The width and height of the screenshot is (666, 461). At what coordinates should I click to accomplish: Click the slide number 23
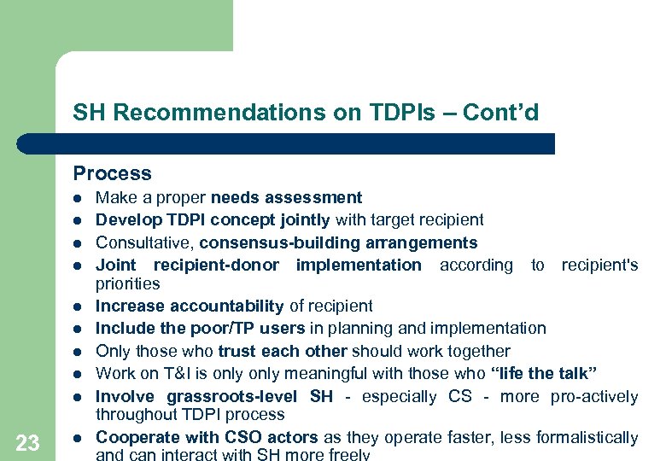[28, 442]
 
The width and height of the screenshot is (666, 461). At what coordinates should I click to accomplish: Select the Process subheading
[112, 173]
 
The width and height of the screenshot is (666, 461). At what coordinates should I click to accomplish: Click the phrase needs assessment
[287, 198]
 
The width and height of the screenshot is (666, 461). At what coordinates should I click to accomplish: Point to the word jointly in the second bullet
[290, 220]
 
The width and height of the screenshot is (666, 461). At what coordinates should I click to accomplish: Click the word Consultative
[143, 242]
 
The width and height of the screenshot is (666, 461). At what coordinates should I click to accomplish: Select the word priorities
[127, 283]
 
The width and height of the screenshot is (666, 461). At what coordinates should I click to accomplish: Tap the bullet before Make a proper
[77, 198]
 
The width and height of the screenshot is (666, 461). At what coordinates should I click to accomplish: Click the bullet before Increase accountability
[77, 306]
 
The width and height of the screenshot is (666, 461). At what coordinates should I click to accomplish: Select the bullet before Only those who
[77, 351]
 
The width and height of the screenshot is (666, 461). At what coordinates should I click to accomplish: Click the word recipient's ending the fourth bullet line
[599, 265]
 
